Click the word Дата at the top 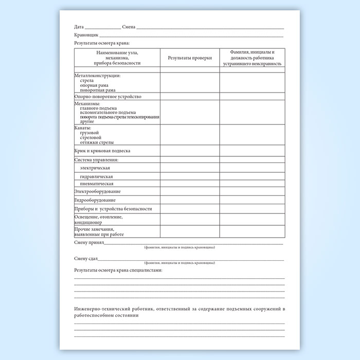79,26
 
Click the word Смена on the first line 129,26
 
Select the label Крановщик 85,35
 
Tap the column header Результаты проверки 189,58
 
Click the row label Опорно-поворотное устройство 107,96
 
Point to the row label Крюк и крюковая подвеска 102,151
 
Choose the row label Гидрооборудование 95,200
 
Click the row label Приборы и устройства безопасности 113,209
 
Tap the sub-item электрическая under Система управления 95,168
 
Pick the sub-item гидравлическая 96,176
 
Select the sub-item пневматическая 97,184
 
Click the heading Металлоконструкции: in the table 97,76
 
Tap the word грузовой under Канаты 89,133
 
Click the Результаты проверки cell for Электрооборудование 189,191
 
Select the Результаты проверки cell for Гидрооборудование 189,200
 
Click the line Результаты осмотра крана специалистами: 118,269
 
